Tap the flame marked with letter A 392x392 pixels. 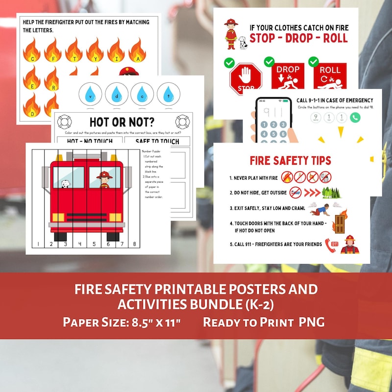point(137,51)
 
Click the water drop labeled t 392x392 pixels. point(168,93)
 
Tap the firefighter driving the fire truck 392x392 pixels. point(104,179)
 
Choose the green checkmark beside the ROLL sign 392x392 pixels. point(313,62)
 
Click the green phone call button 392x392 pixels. point(355,118)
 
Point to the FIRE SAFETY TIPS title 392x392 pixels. point(290,160)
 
